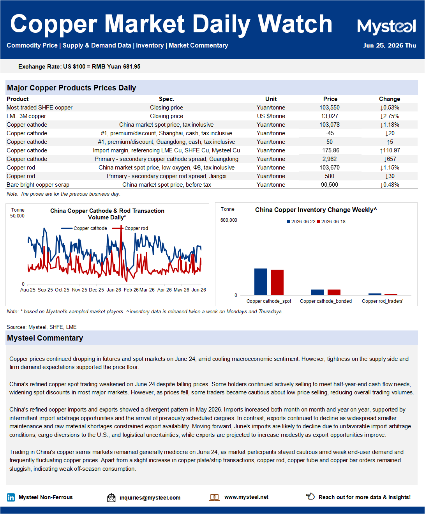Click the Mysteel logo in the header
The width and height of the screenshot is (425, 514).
tap(386, 26)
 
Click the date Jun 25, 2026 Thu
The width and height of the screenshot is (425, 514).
tap(390, 45)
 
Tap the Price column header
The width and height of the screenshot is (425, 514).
tap(330, 99)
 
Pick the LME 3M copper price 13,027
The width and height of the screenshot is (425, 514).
tap(330, 116)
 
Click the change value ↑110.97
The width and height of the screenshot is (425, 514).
tap(390, 150)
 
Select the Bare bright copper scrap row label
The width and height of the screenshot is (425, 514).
tap(38, 185)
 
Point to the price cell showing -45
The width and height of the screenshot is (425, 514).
tap(330, 133)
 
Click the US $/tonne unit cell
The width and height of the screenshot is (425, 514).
tap(271, 116)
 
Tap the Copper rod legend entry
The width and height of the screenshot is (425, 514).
tap(130, 228)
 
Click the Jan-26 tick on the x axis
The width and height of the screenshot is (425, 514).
tap(114, 290)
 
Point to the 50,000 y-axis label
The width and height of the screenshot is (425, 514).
tap(17, 216)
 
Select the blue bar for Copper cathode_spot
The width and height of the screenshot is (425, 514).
tap(261, 282)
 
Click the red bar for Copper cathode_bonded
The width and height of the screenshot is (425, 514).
tap(334, 292)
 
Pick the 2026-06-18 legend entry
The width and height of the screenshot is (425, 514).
tap(331, 222)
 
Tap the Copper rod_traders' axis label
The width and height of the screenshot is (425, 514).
tap(383, 301)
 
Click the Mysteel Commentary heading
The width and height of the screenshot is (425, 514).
tap(45, 338)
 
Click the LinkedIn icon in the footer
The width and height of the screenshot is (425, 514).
tap(11, 497)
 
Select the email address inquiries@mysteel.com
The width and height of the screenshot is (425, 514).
tap(150, 498)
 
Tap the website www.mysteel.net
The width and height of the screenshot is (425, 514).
tap(246, 497)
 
